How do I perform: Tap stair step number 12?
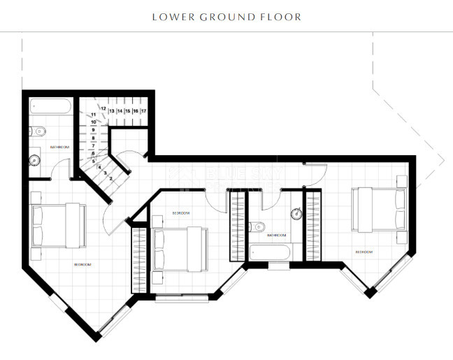point(102,108)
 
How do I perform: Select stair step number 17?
point(143,111)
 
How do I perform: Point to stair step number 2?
point(110,178)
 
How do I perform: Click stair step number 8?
point(92,138)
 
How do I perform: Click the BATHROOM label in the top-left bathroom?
point(60,147)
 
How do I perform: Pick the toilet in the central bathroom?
point(257,226)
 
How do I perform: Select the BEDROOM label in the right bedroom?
point(364,252)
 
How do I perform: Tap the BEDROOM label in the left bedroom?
point(82,264)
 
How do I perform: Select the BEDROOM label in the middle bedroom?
point(180,213)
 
